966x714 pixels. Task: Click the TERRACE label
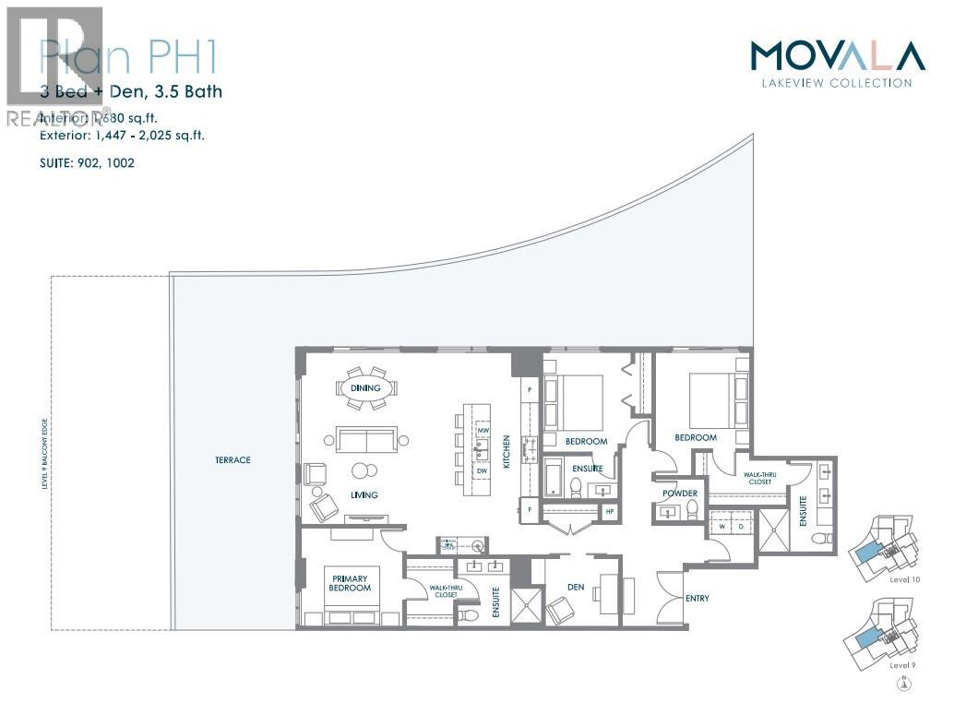pos(233,459)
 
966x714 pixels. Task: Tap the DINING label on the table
pos(365,388)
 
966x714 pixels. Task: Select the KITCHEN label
pos(507,452)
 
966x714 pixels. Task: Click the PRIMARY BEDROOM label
pos(351,582)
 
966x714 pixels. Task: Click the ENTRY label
pos(698,599)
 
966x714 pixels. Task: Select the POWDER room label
pos(680,494)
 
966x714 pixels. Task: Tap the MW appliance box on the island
pos(483,431)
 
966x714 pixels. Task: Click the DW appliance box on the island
pos(483,470)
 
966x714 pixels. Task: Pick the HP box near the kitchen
pos(609,511)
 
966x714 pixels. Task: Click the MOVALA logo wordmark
pos(837,56)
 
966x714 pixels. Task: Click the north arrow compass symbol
pos(903,684)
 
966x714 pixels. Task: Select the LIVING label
pos(364,495)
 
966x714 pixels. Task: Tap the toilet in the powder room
pos(691,513)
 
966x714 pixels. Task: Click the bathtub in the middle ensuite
pos(555,482)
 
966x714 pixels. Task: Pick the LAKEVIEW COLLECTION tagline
pos(837,83)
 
